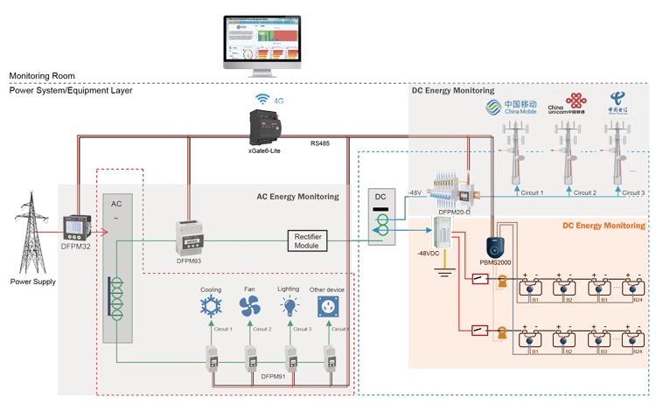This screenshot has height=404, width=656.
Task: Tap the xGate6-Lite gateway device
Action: (x=266, y=127)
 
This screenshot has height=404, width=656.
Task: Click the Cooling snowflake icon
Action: (x=211, y=306)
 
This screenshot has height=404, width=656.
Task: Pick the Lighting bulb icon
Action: (x=289, y=306)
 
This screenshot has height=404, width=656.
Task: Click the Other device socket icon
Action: (x=329, y=306)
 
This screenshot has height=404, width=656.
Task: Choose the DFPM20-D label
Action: (x=453, y=212)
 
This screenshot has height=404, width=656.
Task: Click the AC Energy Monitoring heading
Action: (x=297, y=197)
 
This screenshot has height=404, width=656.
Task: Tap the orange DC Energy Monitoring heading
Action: (x=604, y=226)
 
